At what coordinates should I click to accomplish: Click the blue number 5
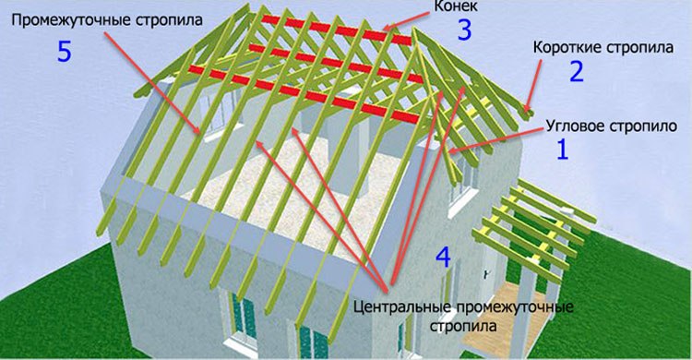pos(65,51)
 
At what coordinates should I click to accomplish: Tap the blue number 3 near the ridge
pos(464,30)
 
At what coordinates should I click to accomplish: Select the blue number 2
pos(577,71)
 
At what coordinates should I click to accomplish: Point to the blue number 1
pos(562,149)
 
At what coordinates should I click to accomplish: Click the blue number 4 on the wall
pos(444,258)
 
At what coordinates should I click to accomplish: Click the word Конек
pos(449,6)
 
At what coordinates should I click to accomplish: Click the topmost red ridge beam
pos(336,30)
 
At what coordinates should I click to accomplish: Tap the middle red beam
pos(336,63)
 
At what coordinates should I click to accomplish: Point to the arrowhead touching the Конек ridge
pos(387,27)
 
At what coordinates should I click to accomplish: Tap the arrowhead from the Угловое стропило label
pos(451,150)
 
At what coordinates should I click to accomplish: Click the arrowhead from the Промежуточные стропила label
pos(198,130)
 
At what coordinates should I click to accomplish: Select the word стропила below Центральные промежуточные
pos(463,327)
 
